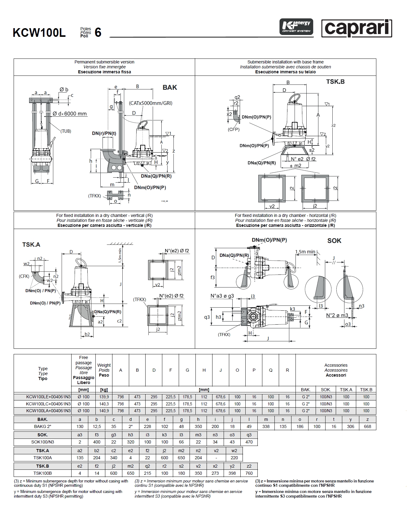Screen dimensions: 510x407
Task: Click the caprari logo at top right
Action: coord(357,28)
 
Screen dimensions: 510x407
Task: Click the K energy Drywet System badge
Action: coord(296,27)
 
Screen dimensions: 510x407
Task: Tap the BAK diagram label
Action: coord(170,88)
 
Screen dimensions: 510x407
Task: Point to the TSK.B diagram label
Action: coord(335,82)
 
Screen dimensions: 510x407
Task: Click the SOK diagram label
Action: coord(334,241)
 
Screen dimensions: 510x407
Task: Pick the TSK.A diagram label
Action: coord(31,245)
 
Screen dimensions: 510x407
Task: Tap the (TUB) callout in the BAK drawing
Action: coord(66,131)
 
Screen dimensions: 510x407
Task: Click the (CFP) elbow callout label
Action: coord(234,129)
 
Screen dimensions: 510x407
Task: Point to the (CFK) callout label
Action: coord(24,276)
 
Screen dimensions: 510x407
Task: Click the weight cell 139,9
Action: coord(104,397)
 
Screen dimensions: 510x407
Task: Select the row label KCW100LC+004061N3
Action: coord(49,404)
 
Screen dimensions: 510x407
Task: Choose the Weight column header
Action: coord(104,370)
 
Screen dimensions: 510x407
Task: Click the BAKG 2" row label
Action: coord(42,426)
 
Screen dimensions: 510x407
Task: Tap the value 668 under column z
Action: coord(367,426)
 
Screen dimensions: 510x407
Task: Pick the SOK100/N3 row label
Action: coord(42,442)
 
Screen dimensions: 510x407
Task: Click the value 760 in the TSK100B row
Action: coord(249,473)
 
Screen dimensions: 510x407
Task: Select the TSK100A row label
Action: coord(42,458)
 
